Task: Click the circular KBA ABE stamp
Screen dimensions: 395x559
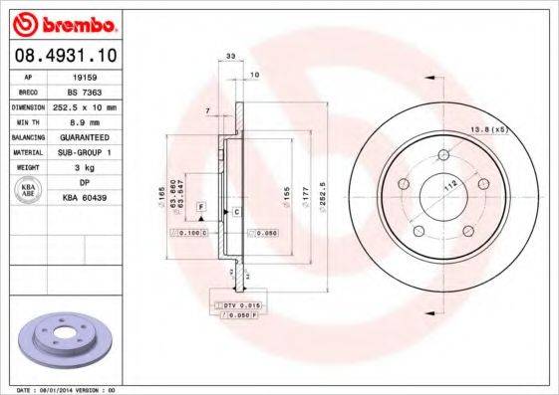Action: click(x=28, y=191)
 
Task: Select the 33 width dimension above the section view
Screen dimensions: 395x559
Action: click(x=231, y=58)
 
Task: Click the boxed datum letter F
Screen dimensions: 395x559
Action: click(x=201, y=207)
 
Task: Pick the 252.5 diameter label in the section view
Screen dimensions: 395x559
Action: click(x=321, y=188)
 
